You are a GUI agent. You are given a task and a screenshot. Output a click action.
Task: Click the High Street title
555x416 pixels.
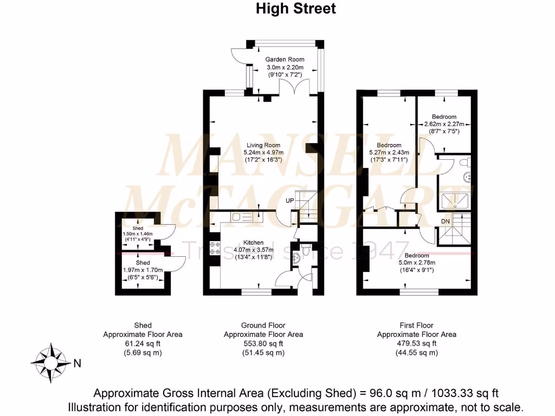[295, 9]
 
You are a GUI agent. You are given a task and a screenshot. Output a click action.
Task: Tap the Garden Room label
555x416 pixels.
[285, 60]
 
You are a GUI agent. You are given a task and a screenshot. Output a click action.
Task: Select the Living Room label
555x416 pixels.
[263, 145]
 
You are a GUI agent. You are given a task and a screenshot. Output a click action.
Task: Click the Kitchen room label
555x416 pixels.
[253, 242]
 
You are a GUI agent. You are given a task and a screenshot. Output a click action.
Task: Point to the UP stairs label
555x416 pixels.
[291, 200]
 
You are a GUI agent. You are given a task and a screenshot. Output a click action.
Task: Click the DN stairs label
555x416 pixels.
[445, 222]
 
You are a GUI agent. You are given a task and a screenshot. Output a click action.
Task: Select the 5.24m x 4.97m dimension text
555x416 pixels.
[263, 153]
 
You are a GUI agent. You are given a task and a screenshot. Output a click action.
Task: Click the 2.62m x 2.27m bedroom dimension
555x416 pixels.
[444, 124]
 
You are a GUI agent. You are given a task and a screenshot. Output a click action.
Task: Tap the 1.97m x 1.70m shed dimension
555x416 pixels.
[143, 270]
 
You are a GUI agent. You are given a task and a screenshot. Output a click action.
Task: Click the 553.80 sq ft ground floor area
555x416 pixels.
[263, 343]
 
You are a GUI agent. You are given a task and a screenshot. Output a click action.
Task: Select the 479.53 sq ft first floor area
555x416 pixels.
[416, 343]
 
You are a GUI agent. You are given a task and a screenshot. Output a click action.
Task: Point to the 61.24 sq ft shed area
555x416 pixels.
[143, 343]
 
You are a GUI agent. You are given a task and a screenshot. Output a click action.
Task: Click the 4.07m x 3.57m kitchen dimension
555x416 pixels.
[253, 250]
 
